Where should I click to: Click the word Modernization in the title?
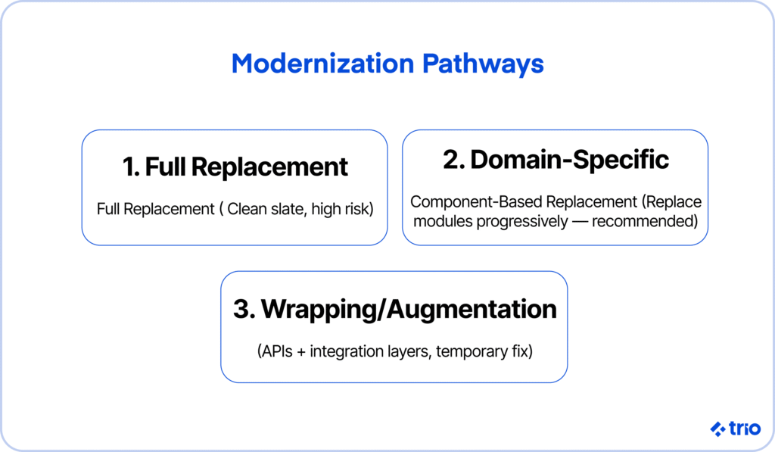click(322, 64)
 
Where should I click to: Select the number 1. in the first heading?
click(132, 167)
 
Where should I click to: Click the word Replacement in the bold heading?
click(269, 167)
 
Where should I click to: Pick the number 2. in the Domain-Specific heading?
click(454, 160)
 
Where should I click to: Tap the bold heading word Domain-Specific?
click(569, 161)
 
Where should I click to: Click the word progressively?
click(522, 222)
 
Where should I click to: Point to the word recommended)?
click(645, 222)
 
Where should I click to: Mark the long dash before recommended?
click(580, 222)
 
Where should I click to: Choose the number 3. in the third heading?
click(244, 309)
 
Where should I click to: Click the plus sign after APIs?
click(301, 352)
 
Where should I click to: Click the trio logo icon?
click(717, 429)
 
